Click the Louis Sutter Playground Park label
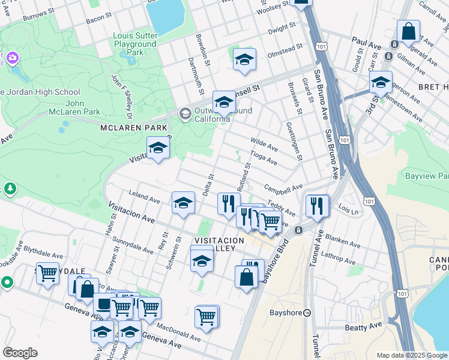coord(135,44)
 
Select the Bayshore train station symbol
coord(307,313)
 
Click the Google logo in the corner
coord(20,353)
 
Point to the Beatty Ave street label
coord(363,326)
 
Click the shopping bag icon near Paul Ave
coord(408,31)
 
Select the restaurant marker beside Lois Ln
coord(317,206)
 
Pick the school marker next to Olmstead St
coord(244,59)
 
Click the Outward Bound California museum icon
coord(185,113)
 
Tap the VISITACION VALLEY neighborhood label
coord(218,244)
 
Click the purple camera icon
coord(13,58)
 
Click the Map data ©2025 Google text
coord(411,355)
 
